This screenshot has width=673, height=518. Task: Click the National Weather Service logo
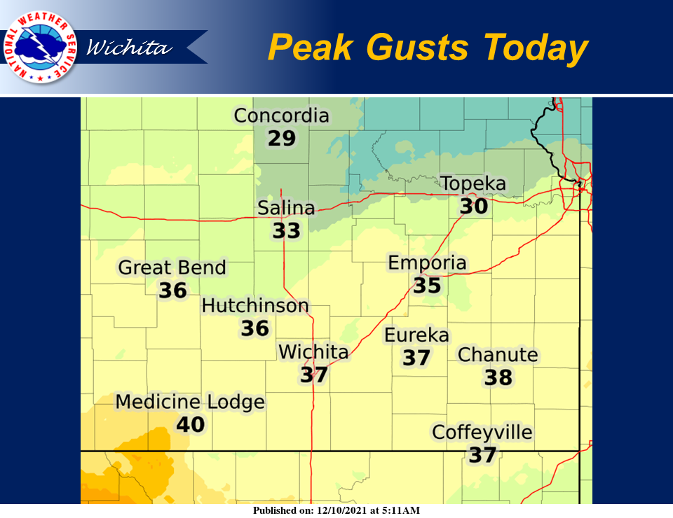[40, 47]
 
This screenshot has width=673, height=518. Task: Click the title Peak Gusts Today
[427, 48]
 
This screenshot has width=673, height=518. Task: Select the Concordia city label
[281, 115]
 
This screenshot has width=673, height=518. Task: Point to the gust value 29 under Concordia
[282, 138]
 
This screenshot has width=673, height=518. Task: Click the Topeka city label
[473, 184]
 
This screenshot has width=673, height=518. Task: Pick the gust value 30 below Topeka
[474, 206]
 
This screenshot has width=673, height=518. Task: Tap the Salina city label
[286, 208]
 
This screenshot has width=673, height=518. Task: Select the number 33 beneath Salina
[286, 230]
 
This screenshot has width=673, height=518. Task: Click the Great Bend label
[172, 267]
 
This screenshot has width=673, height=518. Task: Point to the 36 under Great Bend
[172, 290]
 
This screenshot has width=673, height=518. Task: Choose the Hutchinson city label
[255, 306]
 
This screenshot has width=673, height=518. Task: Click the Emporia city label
[427, 263]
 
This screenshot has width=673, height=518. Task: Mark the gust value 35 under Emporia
[427, 286]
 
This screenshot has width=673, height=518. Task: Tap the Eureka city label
[416, 335]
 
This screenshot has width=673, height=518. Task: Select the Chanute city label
[498, 355]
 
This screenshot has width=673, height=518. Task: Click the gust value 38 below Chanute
[498, 378]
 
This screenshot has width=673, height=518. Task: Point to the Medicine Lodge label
[190, 402]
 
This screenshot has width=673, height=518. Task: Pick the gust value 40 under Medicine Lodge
[190, 424]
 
